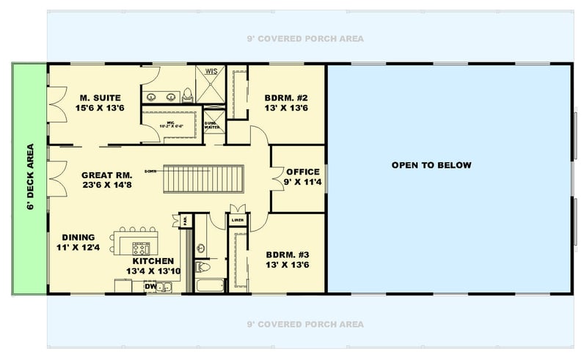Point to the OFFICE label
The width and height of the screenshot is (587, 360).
coord(302,172)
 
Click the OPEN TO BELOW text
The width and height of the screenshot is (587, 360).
coord(431,165)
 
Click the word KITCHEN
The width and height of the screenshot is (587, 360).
coord(153,261)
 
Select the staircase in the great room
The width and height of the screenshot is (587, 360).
coord(202,177)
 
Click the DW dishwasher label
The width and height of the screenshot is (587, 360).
coord(150,286)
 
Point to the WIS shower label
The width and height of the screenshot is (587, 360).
coord(211,71)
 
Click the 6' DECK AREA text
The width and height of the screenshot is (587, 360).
coord(30,178)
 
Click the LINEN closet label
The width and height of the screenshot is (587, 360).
coord(236,219)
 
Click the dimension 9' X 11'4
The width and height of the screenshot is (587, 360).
coord(302,182)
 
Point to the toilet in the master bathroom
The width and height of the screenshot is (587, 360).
coord(188,93)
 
